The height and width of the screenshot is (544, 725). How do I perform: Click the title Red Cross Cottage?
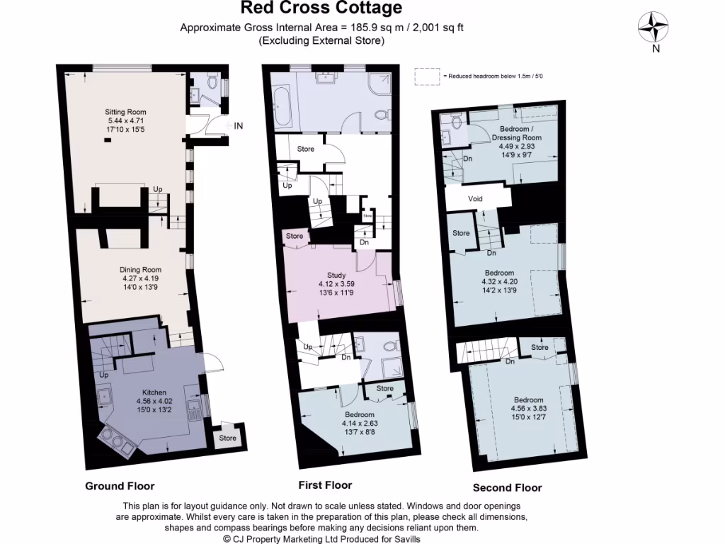point(321,8)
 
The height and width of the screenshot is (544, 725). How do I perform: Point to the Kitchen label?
point(154,392)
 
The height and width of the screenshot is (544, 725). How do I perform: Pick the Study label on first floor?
point(336,275)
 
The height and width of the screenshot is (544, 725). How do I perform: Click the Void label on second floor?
point(475,199)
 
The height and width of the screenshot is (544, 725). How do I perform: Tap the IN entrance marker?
point(239,126)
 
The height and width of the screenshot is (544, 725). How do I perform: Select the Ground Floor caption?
point(120,486)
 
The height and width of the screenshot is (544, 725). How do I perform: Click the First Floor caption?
point(325,485)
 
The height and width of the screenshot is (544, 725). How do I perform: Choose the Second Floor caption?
point(507,487)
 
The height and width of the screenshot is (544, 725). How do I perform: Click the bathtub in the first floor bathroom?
point(281,105)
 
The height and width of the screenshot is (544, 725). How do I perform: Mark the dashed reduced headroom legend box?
point(426,76)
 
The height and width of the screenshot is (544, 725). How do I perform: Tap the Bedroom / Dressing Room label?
point(515,129)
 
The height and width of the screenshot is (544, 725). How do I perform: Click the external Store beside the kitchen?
point(227,438)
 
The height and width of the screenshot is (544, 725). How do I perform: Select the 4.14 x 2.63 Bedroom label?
point(360,414)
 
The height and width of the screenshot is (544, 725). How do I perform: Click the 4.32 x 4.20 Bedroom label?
point(499,273)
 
